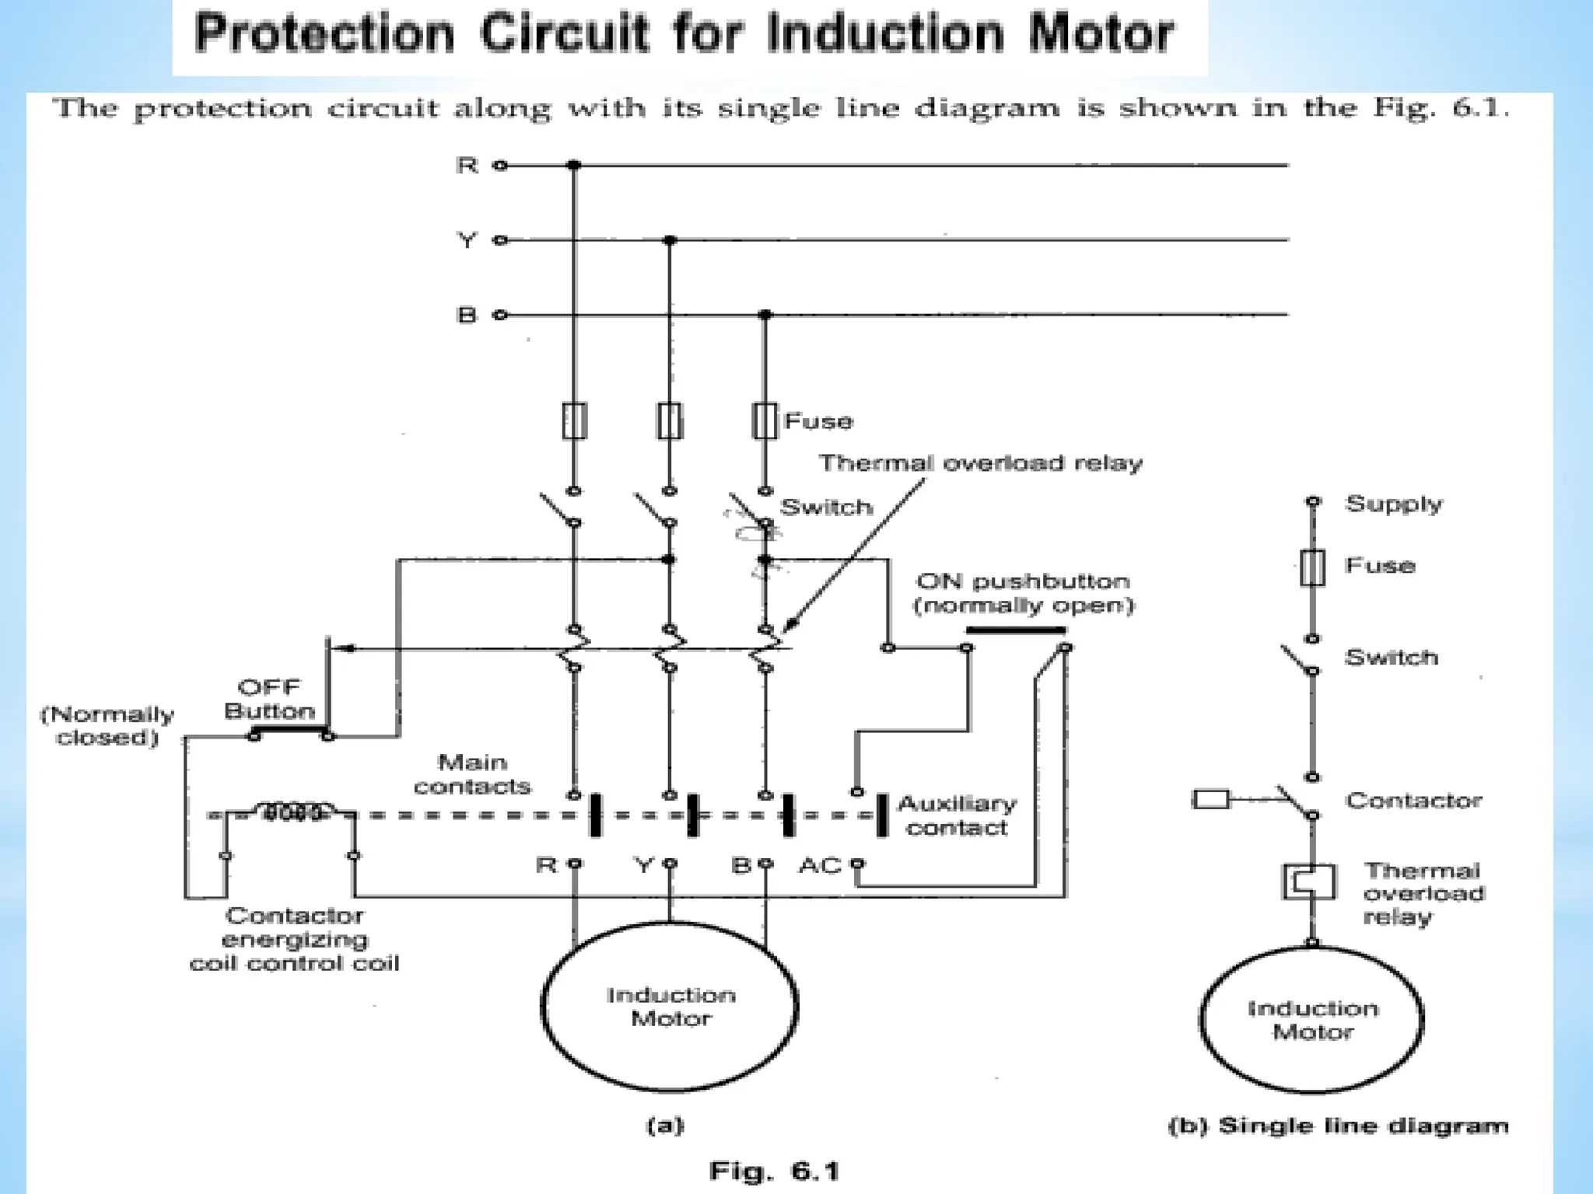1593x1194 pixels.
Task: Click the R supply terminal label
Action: (467, 166)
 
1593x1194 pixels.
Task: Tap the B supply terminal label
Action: (466, 315)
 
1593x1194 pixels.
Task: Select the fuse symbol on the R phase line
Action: (574, 421)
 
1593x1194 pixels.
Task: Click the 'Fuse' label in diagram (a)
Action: (818, 421)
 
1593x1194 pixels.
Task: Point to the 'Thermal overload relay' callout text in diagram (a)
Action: (980, 463)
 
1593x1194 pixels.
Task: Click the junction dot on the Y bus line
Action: (670, 240)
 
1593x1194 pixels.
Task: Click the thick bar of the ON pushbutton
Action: (1015, 630)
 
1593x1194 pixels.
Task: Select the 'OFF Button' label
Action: (269, 699)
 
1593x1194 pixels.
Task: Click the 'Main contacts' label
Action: (472, 774)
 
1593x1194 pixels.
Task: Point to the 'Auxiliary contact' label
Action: (957, 815)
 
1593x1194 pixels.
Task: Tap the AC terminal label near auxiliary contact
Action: (819, 865)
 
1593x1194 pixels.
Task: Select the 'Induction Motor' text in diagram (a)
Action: (670, 1007)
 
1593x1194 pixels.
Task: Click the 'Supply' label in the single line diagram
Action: (1394, 504)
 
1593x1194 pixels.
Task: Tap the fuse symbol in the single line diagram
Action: (1312, 567)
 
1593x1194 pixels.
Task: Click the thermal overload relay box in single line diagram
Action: (1309, 882)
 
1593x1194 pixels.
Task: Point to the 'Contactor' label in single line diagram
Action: (1413, 801)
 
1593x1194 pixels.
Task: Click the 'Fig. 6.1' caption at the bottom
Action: (774, 1171)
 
